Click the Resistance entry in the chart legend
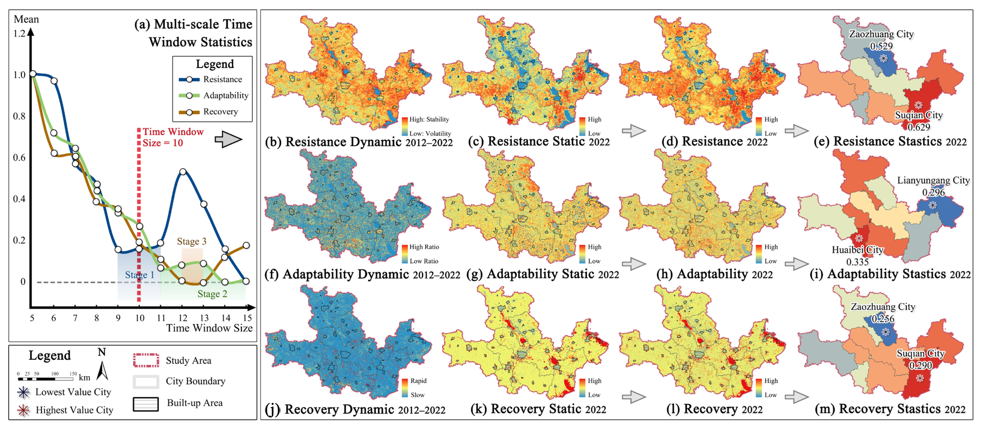tap(222, 79)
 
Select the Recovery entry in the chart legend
tap(220, 112)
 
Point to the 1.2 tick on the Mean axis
tap(19, 34)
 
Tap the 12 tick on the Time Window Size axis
tap(183, 318)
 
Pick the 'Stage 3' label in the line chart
tap(191, 241)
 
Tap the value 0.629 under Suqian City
tap(919, 127)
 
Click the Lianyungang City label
tap(933, 180)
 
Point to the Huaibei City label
tap(857, 250)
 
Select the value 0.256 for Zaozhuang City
tap(882, 319)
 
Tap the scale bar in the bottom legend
tap(46, 379)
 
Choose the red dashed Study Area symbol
tap(146, 360)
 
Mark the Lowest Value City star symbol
tap(24, 392)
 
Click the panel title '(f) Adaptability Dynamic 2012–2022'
tap(362, 274)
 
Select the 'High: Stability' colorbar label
tap(429, 119)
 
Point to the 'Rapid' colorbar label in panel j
tap(418, 381)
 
